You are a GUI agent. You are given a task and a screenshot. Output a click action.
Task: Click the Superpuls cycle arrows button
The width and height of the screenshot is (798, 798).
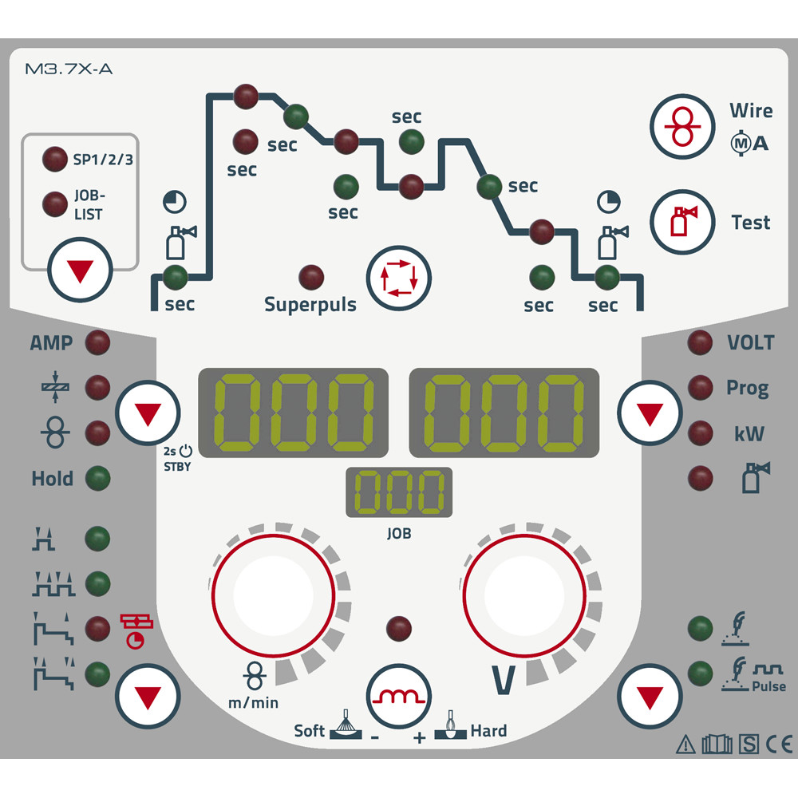point(397,277)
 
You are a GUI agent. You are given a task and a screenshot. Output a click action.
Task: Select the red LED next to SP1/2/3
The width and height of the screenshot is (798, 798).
point(55,158)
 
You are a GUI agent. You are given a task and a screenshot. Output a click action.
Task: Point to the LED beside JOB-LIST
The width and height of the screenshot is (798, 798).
point(55,203)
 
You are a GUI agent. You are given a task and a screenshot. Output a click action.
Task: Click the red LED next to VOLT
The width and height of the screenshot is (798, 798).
point(700,342)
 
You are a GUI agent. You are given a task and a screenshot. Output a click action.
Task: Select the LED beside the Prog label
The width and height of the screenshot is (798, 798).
point(700,388)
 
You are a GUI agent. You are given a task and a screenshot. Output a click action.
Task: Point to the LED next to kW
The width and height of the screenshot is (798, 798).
point(700,433)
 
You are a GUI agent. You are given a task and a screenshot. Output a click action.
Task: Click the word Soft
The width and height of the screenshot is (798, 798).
point(310,730)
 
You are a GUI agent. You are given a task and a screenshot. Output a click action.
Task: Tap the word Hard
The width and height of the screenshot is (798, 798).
point(488,730)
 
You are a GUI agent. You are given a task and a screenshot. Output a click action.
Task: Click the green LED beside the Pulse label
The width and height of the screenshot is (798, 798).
point(700,671)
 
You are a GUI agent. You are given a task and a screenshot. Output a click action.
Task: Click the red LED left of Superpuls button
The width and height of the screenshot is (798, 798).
point(311,277)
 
